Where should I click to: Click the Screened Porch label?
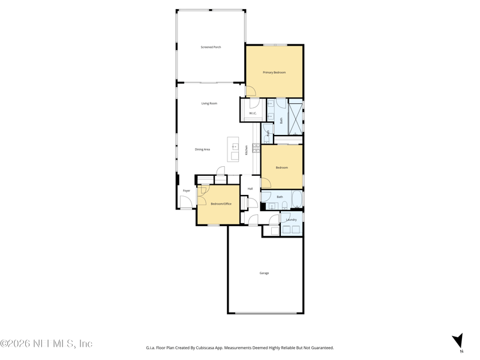coord(211,47)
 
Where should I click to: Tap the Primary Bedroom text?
coord(274,73)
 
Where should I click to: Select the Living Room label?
coord(209,103)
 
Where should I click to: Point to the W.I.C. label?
coord(253,113)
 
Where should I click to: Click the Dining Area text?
coord(202,149)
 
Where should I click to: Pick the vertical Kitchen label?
coord(246,150)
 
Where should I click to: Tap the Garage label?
coord(264,273)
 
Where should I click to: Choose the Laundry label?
coord(291,220)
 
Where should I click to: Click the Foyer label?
coord(187,191)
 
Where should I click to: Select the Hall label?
coord(250,189)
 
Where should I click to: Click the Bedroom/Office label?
coord(221,204)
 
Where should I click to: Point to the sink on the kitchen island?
coord(235,146)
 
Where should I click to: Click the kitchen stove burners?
coord(256,148)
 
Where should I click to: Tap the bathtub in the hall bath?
coord(296,199)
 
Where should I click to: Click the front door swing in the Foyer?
coord(185,202)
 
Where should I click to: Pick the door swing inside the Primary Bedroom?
coord(251,91)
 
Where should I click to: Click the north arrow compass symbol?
coord(458,341)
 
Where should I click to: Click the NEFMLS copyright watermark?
coord(46,343)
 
